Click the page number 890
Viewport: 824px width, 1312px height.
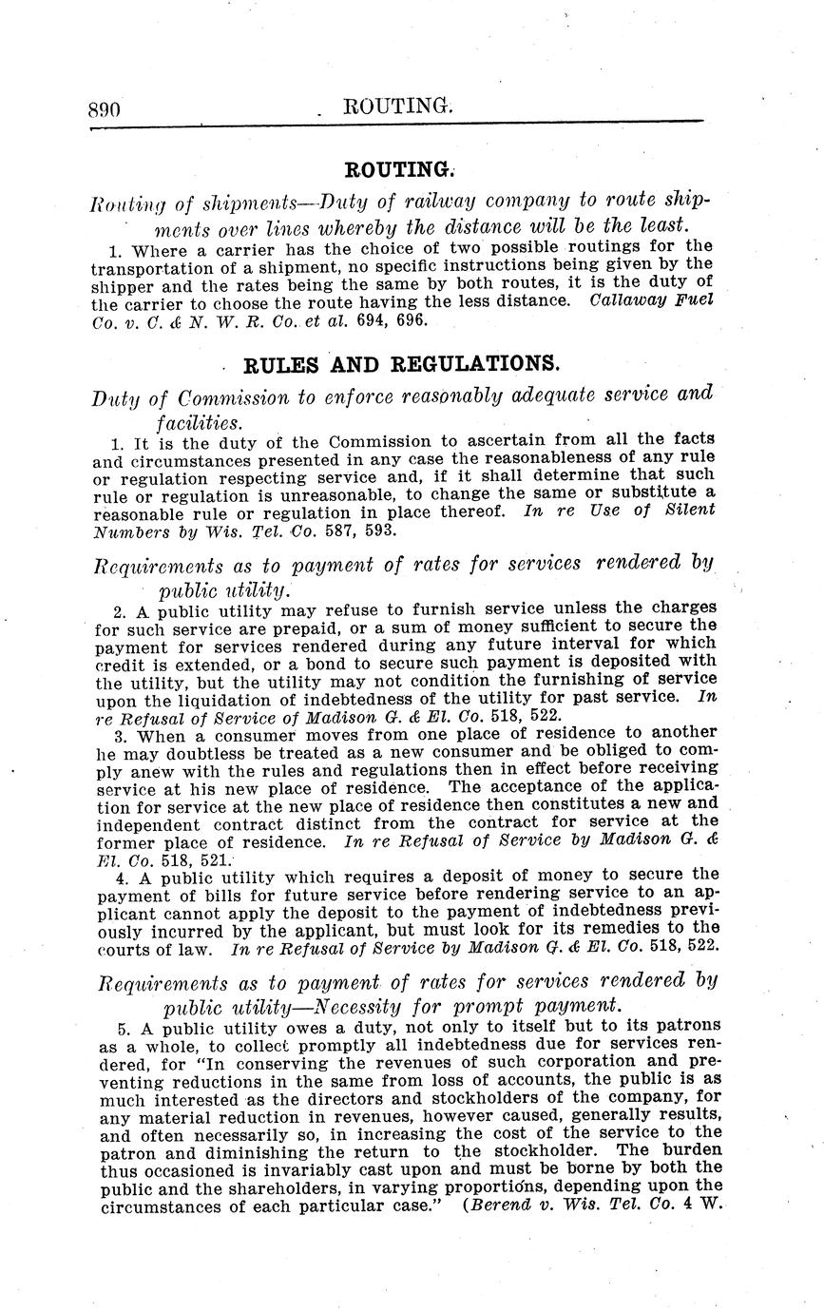(x=104, y=109)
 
